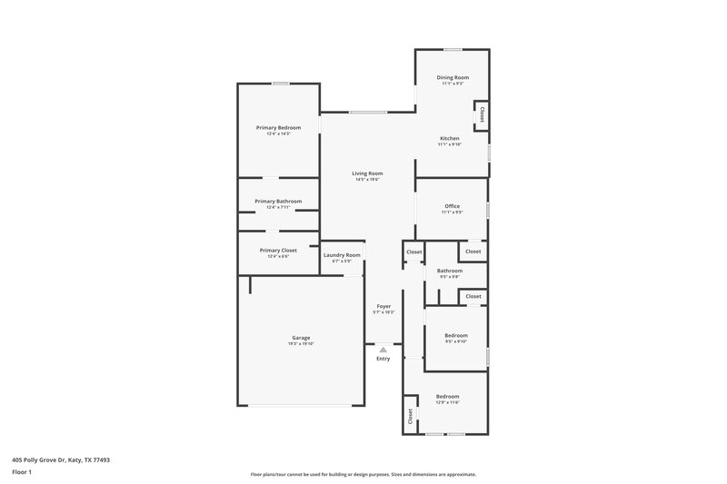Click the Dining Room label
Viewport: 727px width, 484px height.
452,78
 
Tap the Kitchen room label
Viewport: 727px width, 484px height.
452,138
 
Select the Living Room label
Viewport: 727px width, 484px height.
368,173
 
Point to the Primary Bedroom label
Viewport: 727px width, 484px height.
278,128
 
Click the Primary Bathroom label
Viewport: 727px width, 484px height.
278,202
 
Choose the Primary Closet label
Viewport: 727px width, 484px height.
278,250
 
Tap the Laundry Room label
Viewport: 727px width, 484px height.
343,255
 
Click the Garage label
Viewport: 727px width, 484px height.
301,338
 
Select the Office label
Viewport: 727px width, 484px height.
452,206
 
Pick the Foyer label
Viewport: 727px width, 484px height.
383,307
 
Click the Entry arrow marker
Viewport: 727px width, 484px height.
383,349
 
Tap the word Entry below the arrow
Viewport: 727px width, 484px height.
383,360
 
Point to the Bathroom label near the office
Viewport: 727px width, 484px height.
450,271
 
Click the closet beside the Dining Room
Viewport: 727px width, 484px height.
482,115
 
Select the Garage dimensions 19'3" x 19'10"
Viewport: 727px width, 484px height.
301,344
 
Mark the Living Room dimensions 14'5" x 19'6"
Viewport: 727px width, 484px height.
368,180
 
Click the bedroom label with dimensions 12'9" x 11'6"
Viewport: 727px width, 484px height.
447,397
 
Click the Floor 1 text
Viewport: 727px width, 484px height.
23,473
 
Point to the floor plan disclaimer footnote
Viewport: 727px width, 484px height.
363,474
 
